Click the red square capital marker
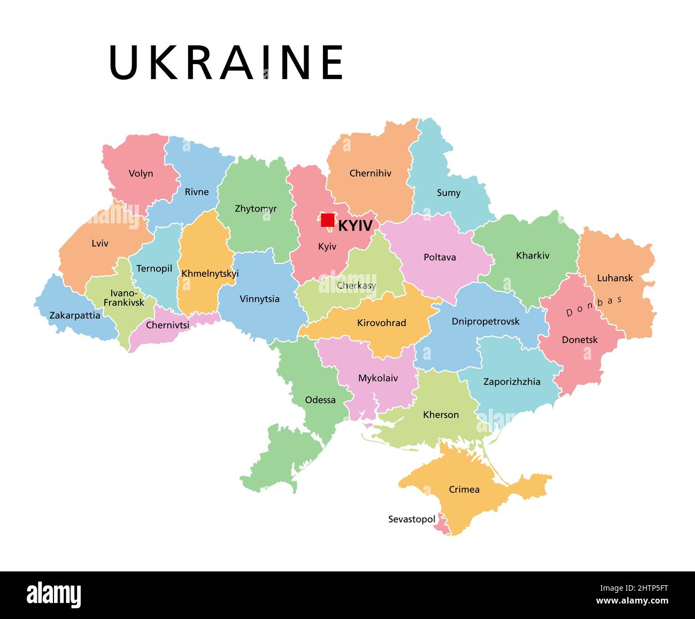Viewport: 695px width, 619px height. click(x=327, y=220)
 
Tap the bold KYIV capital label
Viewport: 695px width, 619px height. click(x=355, y=226)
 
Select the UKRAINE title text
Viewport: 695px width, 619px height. click(x=226, y=63)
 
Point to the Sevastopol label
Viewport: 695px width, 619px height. click(x=412, y=519)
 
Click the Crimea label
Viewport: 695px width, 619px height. click(x=464, y=489)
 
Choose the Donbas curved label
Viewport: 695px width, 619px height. click(x=594, y=306)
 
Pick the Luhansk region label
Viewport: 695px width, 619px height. click(x=615, y=278)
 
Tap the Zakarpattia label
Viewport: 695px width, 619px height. click(x=75, y=315)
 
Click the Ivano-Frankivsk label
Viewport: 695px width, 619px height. click(x=124, y=298)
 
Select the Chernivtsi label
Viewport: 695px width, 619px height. click(x=167, y=325)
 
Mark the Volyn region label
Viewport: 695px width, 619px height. click(x=141, y=174)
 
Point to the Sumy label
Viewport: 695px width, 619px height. click(x=448, y=193)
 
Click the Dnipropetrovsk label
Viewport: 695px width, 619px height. click(x=485, y=322)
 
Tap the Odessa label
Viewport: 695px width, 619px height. click(x=320, y=400)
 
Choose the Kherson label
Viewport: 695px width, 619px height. click(x=441, y=415)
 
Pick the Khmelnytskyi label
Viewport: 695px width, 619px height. click(x=210, y=274)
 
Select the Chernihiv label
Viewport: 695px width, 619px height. click(x=370, y=173)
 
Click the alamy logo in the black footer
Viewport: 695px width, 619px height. click(x=54, y=594)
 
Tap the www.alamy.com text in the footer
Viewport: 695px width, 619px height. click(x=632, y=601)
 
